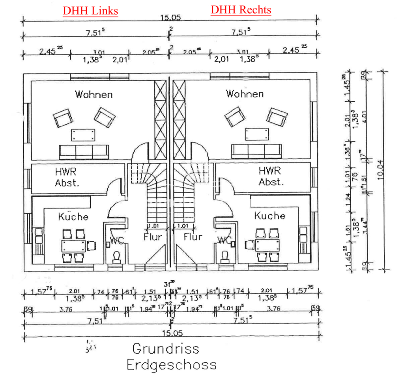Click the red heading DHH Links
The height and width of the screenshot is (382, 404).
[x=90, y=11]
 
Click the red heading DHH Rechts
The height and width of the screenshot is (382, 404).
[x=241, y=9]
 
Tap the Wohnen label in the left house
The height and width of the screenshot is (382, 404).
[x=94, y=95]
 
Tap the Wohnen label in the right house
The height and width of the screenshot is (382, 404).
[x=245, y=94]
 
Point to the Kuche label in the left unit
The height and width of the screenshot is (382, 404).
[x=73, y=216]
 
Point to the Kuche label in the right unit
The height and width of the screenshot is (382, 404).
[x=270, y=216]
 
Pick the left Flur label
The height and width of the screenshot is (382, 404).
[x=153, y=237]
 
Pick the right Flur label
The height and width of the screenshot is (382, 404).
[x=193, y=237]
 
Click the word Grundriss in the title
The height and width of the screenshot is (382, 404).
[x=166, y=348]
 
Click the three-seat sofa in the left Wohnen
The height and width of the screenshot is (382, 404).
[x=84, y=151]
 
